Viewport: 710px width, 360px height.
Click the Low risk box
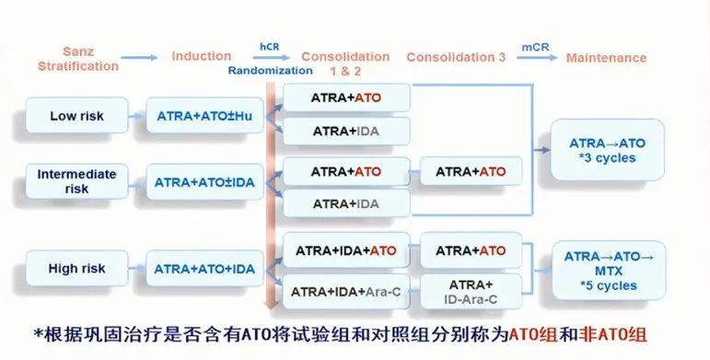pyautogui.click(x=76, y=116)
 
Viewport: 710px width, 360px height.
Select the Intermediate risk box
pyautogui.click(x=76, y=180)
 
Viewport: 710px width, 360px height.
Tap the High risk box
pyautogui.click(x=76, y=269)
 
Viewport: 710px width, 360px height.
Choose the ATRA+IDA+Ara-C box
pyautogui.click(x=345, y=291)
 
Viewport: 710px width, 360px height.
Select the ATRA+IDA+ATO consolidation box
pyautogui.click(x=345, y=250)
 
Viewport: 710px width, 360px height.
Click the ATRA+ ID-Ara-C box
pyautogui.click(x=471, y=291)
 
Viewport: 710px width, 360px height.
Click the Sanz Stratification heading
pyautogui.click(x=78, y=59)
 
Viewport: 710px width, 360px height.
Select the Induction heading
pyautogui.click(x=202, y=57)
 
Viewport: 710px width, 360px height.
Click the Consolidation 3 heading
pyautogui.click(x=456, y=57)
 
